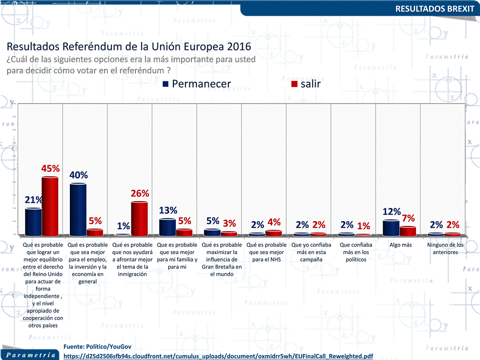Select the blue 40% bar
tap(78, 209)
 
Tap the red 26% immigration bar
tap(139, 218)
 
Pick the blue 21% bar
tap(33, 222)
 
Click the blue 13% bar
tap(167, 227)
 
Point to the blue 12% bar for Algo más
tap(391, 228)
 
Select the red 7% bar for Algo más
tap(408, 231)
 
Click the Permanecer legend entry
tap(197, 84)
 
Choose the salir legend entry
tap(306, 84)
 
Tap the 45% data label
tap(50, 169)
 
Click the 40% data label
tap(78, 175)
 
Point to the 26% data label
tap(140, 193)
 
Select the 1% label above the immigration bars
tap(123, 226)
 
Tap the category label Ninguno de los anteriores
tap(445, 249)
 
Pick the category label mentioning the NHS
tap(266, 249)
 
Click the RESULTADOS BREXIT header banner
tap(435, 8)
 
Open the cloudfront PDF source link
tap(218, 356)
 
